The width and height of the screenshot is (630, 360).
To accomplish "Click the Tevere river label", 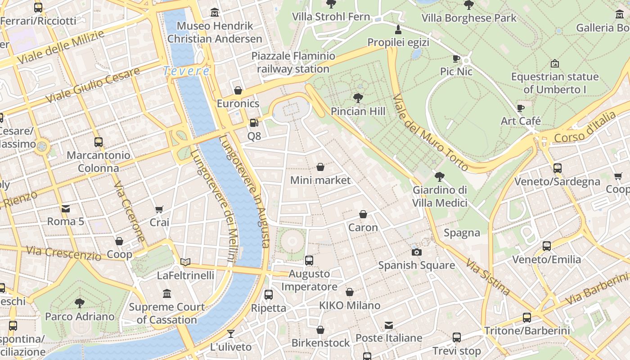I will click(x=186, y=71).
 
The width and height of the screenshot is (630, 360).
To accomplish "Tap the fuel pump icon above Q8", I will click(x=254, y=123).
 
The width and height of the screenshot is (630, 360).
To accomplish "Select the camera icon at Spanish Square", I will click(x=417, y=252).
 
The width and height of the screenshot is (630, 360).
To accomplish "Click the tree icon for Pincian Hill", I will click(x=358, y=98).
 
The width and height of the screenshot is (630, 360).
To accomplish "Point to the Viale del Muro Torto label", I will click(x=430, y=133).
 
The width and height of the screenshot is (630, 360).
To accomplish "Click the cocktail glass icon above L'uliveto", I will click(x=231, y=333).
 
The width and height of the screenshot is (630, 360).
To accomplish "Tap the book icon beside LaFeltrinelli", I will click(x=185, y=262).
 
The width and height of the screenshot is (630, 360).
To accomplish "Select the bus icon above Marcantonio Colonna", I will click(x=99, y=142).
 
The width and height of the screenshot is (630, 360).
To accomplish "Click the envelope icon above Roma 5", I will click(x=66, y=208).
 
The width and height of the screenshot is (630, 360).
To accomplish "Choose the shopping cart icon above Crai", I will click(x=159, y=209).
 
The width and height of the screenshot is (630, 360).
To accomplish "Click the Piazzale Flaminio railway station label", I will click(x=293, y=63).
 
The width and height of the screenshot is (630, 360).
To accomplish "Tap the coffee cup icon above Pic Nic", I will click(x=456, y=58).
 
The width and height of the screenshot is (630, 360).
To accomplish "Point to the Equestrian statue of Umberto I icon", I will click(x=554, y=63).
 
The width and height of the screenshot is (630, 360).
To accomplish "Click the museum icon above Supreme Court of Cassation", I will click(x=167, y=293).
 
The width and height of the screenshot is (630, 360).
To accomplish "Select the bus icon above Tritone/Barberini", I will click(x=527, y=317).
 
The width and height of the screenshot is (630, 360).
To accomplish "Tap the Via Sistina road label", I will click(x=488, y=277).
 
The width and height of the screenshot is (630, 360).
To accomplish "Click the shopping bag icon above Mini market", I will click(x=320, y=167).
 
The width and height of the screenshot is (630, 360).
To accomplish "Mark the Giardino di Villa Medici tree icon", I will click(x=440, y=177).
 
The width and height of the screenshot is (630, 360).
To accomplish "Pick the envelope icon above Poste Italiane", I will click(x=389, y=325).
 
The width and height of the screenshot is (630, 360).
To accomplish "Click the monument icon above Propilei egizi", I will click(x=398, y=30).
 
